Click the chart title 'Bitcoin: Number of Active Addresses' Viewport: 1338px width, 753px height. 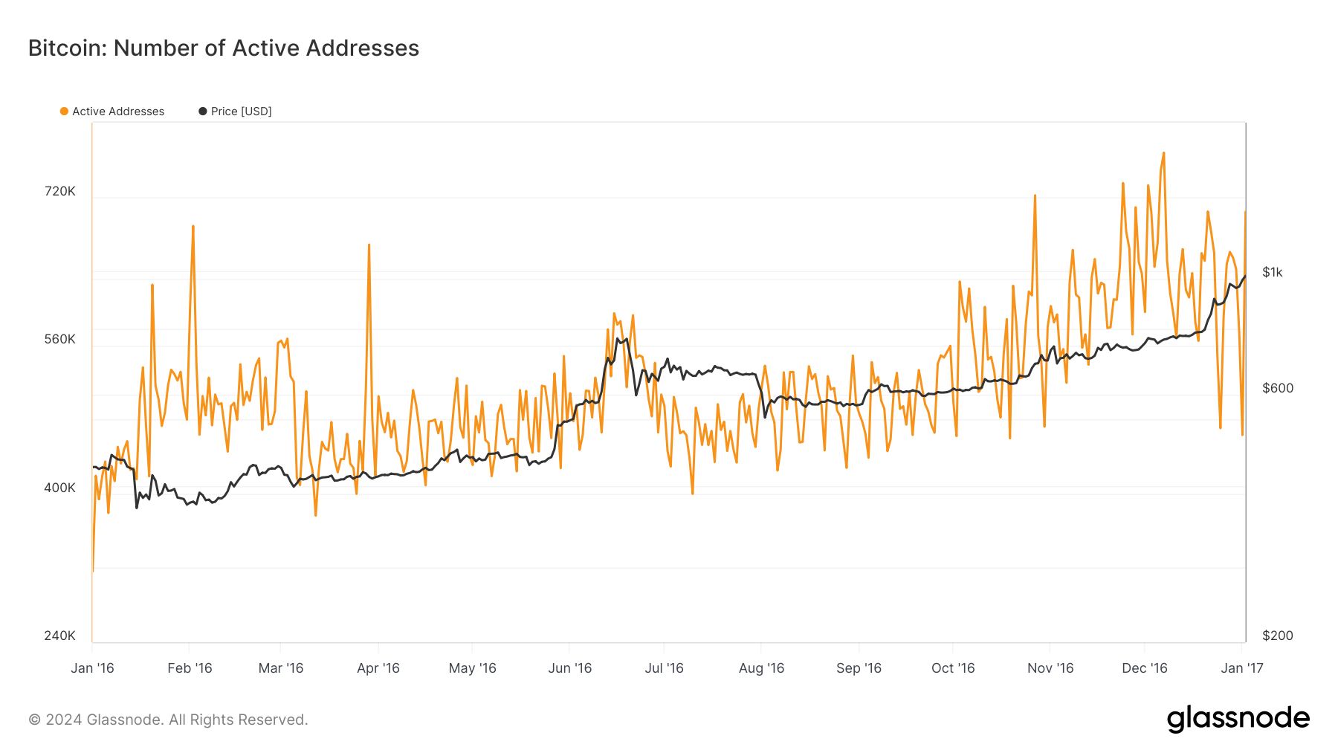pos(223,48)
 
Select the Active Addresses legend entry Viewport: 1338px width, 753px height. pos(112,112)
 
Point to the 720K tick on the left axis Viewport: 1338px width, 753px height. pos(60,191)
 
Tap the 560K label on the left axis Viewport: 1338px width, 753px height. pos(60,339)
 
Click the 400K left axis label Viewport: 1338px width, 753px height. pos(60,488)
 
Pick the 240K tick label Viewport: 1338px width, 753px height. pos(60,636)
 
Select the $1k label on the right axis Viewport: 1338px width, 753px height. pos(1272,272)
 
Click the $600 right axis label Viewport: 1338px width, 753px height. pos(1277,388)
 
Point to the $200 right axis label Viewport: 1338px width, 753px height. pos(1277,636)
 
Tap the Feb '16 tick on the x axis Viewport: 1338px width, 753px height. pos(190,668)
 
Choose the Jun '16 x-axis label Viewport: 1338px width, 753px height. pos(569,668)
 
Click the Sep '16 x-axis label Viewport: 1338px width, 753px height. pos(859,668)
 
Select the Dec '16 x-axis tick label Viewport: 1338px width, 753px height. pos(1144,668)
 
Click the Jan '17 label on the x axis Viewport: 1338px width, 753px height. pos(1241,668)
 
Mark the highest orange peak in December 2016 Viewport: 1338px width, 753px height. pos(1163,154)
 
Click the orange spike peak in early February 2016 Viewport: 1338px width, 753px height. pos(193,227)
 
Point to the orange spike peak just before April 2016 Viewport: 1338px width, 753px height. pos(369,245)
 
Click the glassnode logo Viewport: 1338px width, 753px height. pos(1238,719)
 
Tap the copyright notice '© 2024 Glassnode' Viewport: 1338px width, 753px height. pos(168,720)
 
